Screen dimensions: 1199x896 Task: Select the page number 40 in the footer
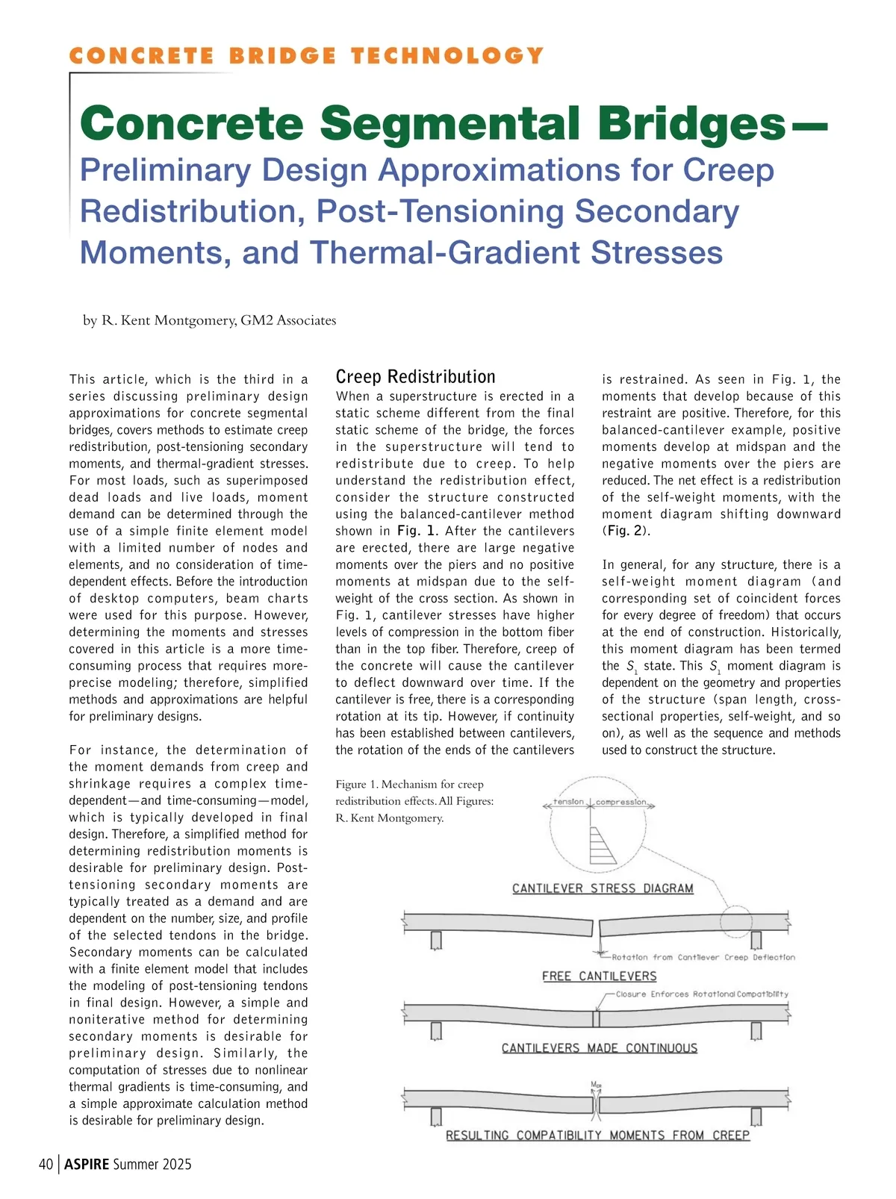pos(46,1164)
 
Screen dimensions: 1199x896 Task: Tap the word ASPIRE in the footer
pos(87,1164)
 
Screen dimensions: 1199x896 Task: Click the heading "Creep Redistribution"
pos(415,377)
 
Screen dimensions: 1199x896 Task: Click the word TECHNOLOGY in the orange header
pos(447,56)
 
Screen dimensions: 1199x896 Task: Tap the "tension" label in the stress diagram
pos(568,802)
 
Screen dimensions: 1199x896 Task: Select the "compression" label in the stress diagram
pos(621,802)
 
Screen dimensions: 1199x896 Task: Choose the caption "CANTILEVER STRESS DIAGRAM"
pos(603,888)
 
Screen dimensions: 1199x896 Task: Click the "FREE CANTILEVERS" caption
pos(599,976)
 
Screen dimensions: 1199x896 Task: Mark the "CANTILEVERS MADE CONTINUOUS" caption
pos(599,1048)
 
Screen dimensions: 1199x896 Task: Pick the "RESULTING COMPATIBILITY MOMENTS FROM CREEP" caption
pos(597,1135)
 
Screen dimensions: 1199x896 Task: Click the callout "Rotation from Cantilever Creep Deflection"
pos(703,957)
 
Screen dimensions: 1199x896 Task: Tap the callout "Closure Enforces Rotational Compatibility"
pos(702,994)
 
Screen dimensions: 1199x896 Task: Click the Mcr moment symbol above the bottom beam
pos(596,1085)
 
